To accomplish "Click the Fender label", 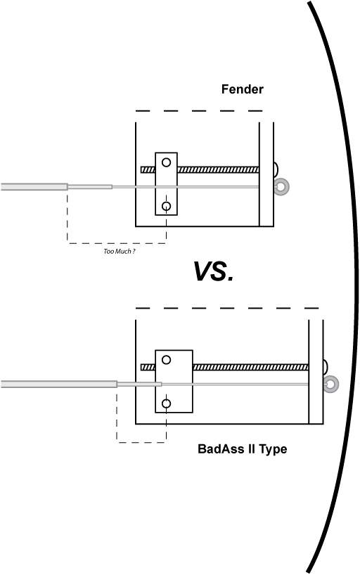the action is pos(242,89).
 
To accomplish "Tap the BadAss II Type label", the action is pos(242,449).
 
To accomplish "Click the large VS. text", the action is pos(213,271).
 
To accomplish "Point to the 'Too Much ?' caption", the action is pos(120,251).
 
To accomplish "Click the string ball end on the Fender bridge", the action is pos(282,187).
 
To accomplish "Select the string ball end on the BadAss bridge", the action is pos(331,385).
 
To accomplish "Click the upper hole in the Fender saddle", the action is pos(166,162).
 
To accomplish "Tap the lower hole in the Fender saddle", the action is pos(166,206).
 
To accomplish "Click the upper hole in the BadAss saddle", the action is pos(166,360).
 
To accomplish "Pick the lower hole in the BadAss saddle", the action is pos(166,403).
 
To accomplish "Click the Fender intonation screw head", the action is pos(276,169).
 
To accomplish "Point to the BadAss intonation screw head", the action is pos(325,367).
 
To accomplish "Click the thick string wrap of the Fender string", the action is pos(34,187).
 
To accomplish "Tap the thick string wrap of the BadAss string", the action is pos(59,385).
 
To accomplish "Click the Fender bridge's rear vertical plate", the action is pos(266,174).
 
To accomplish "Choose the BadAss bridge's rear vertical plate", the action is pos(316,372).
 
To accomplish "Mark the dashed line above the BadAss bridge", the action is pos(227,308).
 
